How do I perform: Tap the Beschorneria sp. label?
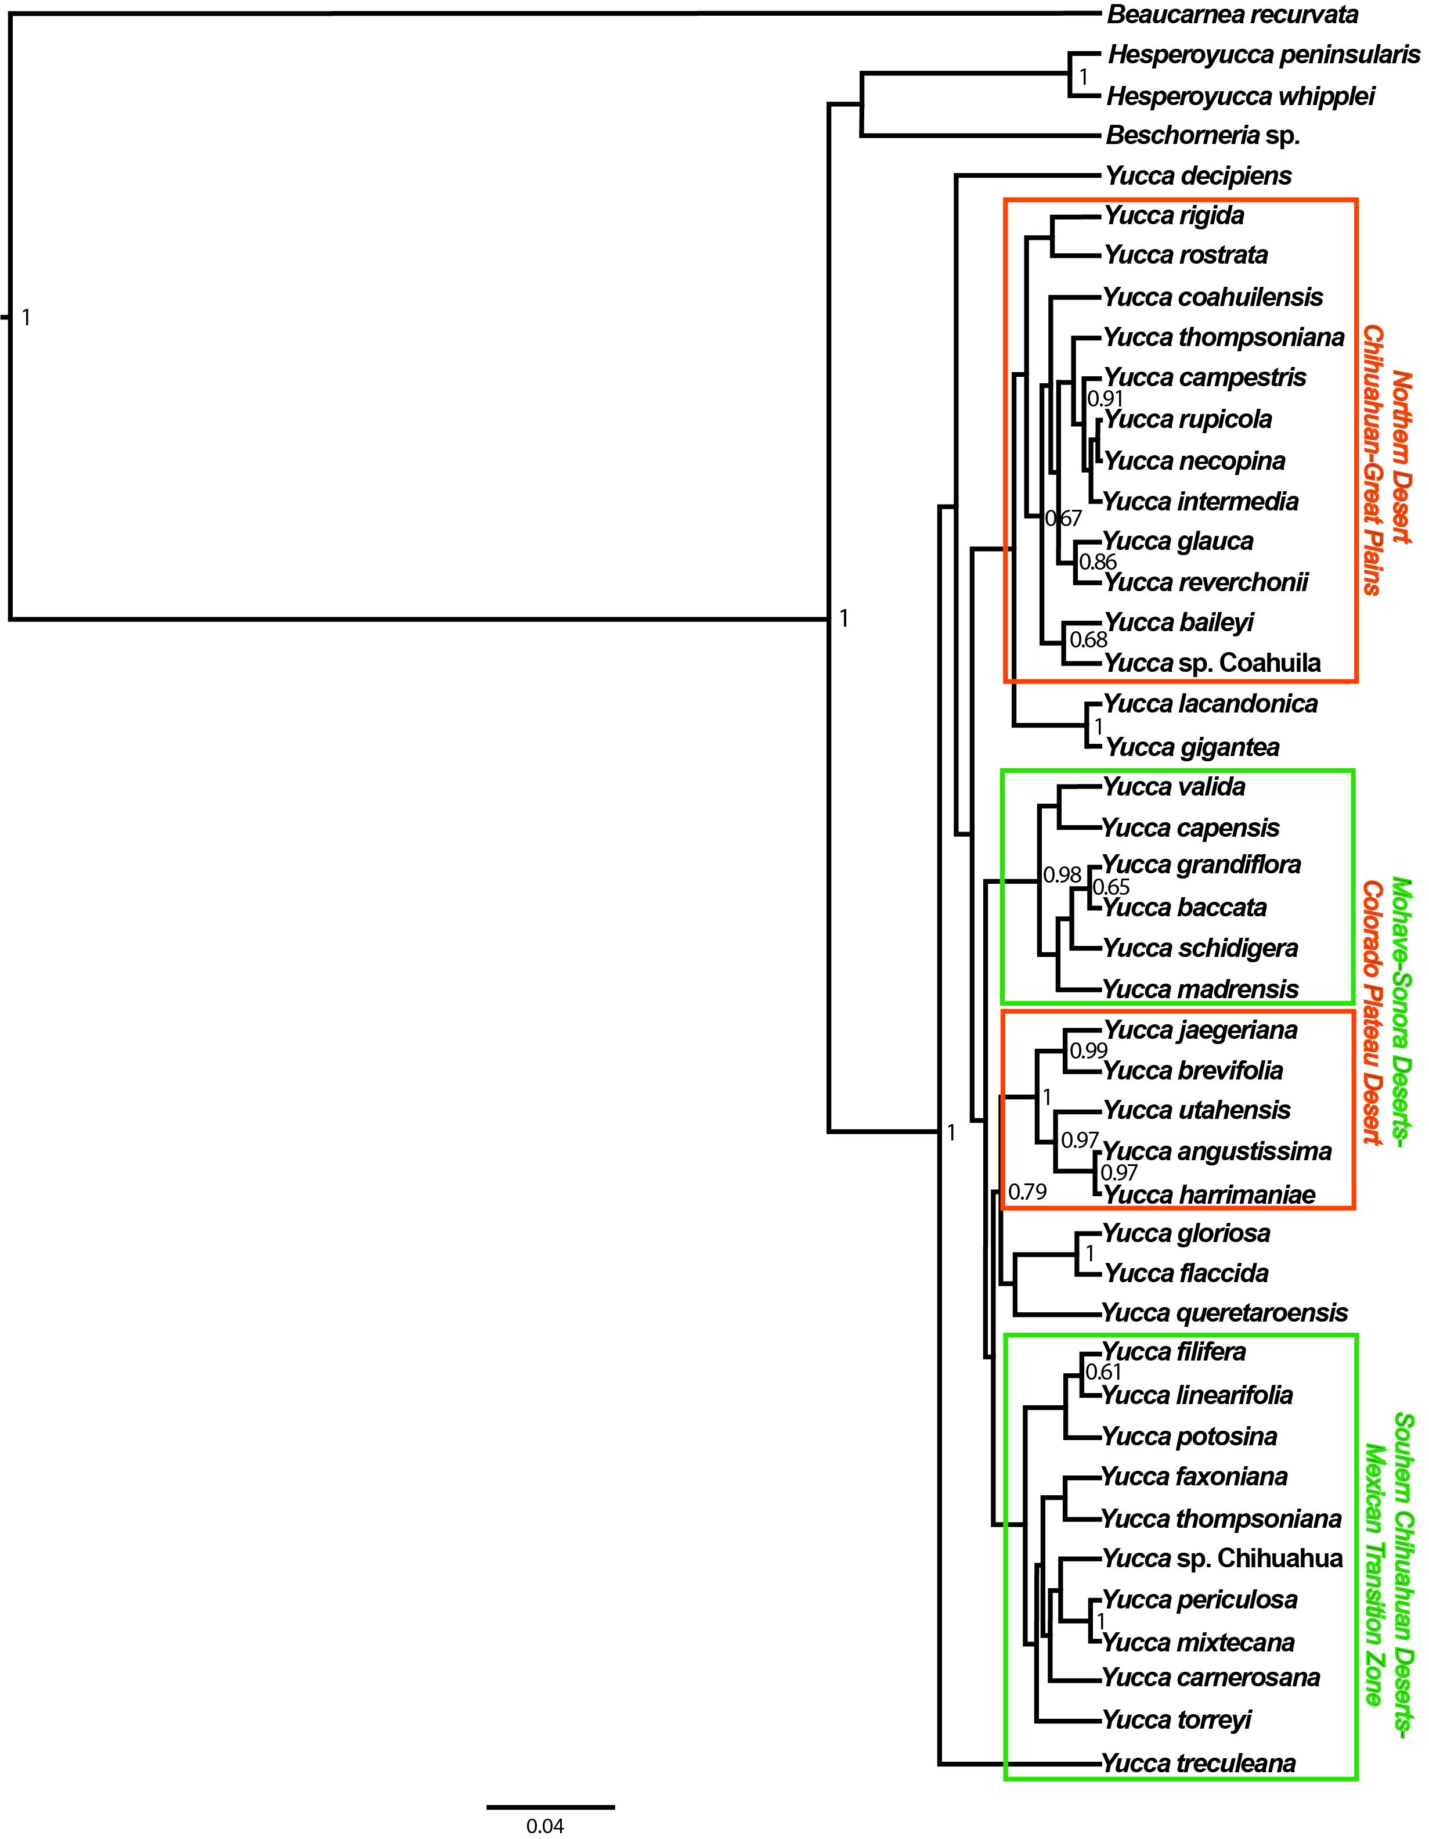[x=1203, y=135]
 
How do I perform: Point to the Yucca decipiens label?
[x=1199, y=176]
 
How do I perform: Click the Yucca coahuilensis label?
[x=1213, y=297]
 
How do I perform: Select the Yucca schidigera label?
[x=1201, y=949]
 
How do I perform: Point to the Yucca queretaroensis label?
[x=1225, y=1313]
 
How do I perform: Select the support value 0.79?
[x=1027, y=1192]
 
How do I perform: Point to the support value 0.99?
[x=1088, y=1051]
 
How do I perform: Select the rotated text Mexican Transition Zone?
[x=1373, y=1575]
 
